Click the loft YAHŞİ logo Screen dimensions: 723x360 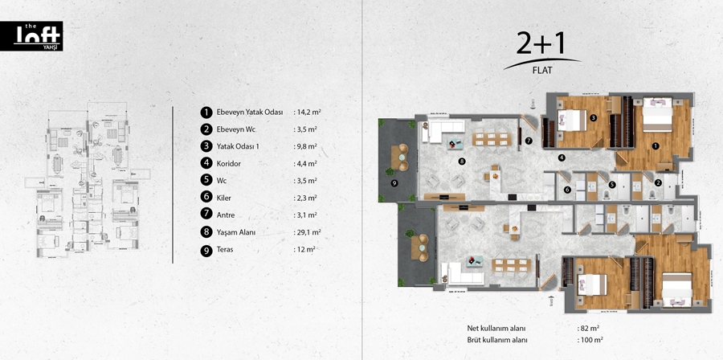pyautogui.click(x=31, y=36)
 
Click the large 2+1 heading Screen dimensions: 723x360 pyautogui.click(x=541, y=45)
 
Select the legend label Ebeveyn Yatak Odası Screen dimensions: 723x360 pyautogui.click(x=250, y=112)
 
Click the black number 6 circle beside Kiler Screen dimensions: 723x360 pyautogui.click(x=206, y=198)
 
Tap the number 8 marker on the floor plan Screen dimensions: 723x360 pyautogui.click(x=460, y=162)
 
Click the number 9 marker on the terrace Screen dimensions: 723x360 pyautogui.click(x=394, y=183)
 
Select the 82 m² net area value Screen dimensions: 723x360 pyautogui.click(x=588, y=329)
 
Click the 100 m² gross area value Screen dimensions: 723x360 pyautogui.click(x=590, y=340)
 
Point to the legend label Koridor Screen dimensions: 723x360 pyautogui.click(x=229, y=164)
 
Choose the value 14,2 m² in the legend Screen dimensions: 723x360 pyautogui.click(x=307, y=112)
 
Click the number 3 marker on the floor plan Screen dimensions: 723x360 pyautogui.click(x=594, y=118)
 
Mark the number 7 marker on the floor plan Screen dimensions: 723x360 pyautogui.click(x=529, y=140)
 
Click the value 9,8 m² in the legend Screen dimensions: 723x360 pyautogui.click(x=305, y=146)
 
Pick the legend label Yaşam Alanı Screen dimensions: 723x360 pyautogui.click(x=235, y=233)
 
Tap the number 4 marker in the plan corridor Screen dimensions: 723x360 pyautogui.click(x=562, y=157)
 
